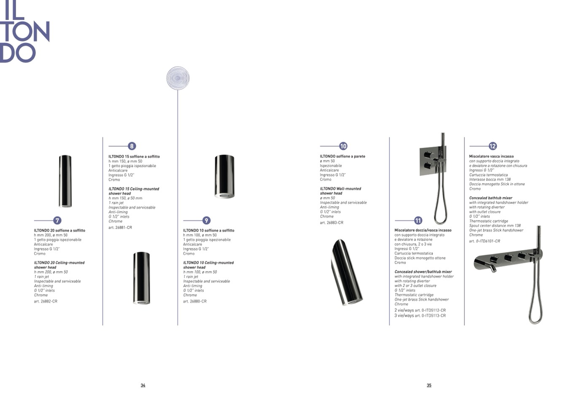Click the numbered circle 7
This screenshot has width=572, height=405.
[x=57, y=220]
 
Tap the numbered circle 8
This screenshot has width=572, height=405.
[x=132, y=146]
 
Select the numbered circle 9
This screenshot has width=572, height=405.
[x=206, y=220]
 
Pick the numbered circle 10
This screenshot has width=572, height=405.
[x=343, y=146]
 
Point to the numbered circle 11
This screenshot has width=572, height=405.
[x=418, y=220]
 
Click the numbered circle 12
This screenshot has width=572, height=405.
[x=493, y=146]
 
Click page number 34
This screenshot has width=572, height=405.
[x=143, y=385]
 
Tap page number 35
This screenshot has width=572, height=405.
[x=429, y=385]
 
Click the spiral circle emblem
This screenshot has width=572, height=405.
[x=178, y=78]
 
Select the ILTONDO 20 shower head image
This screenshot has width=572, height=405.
[x=65, y=181]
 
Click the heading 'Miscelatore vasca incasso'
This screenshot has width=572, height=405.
[x=491, y=156]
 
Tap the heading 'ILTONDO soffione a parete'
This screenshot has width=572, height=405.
[x=343, y=156]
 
